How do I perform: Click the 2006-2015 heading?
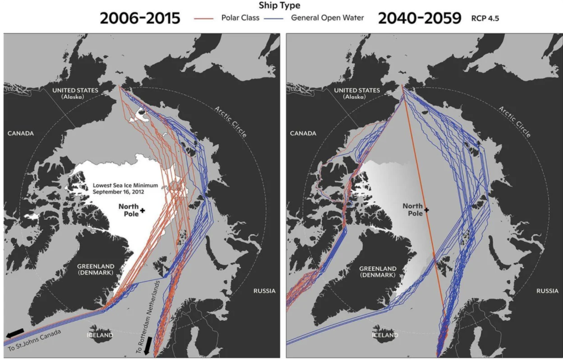(x=140, y=18)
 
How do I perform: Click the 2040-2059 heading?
(x=419, y=18)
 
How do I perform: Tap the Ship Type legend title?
(x=281, y=6)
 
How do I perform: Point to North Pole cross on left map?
(x=142, y=211)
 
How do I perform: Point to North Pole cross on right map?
(x=426, y=210)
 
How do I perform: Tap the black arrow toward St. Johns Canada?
(x=15, y=333)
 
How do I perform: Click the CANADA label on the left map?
(x=20, y=133)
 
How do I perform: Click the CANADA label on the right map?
(x=303, y=133)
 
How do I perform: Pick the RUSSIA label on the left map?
(x=264, y=291)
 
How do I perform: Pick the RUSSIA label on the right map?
(x=547, y=291)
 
